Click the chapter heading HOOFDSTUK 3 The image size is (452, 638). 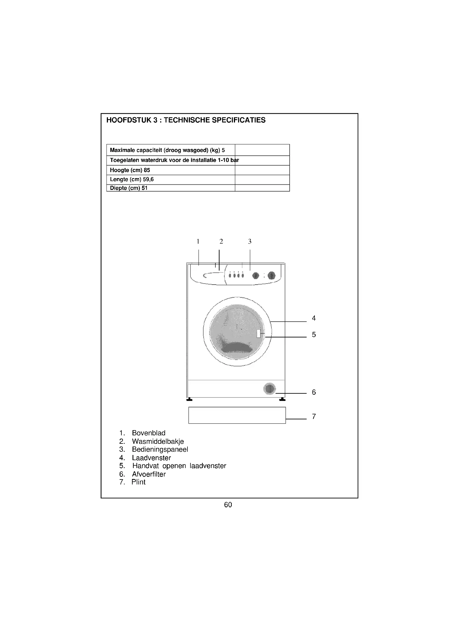(x=186, y=120)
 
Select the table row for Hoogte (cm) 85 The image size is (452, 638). (x=130, y=170)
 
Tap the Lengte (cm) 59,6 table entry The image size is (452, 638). (x=132, y=179)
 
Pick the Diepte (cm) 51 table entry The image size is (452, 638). (x=129, y=188)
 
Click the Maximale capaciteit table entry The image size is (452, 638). (x=167, y=150)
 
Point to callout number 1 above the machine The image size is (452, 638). (x=198, y=241)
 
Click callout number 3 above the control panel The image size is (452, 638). (x=250, y=241)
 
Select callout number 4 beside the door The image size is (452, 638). (x=314, y=318)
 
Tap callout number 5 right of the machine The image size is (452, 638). (x=314, y=335)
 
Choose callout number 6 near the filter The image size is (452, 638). (x=314, y=392)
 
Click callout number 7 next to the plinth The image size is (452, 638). (x=314, y=416)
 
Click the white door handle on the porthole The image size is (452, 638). (x=259, y=333)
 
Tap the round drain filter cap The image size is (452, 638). (x=269, y=389)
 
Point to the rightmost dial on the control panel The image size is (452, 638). (x=272, y=276)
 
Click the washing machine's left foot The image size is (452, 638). (x=190, y=400)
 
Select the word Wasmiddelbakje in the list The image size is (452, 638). (x=158, y=441)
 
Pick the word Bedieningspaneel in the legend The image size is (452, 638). (x=160, y=449)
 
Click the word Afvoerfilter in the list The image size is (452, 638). (x=149, y=474)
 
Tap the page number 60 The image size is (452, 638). (x=228, y=505)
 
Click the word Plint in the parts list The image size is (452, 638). (x=139, y=482)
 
